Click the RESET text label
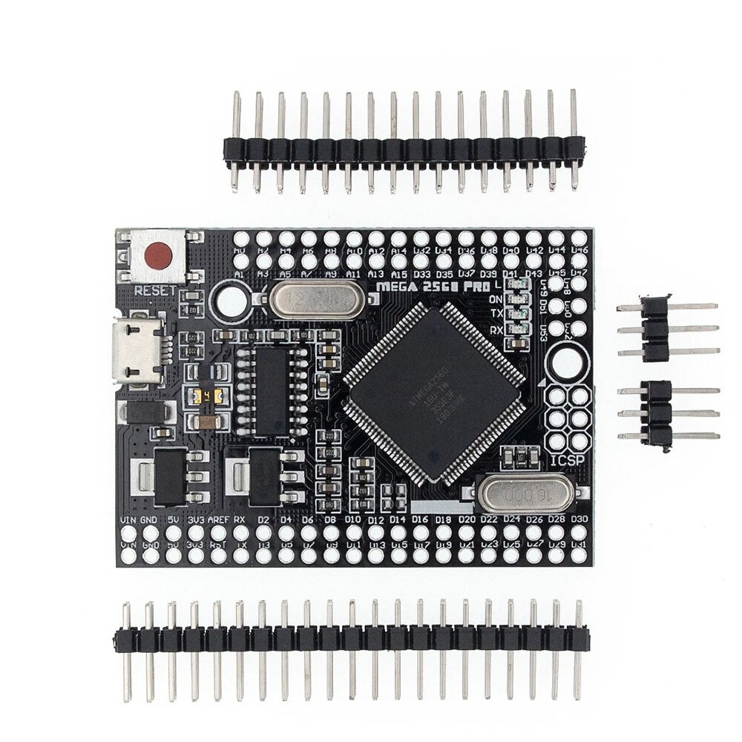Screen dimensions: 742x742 (x=156, y=289)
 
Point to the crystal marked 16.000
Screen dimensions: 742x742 (x=519, y=493)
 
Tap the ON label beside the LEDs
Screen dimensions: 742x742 (x=496, y=299)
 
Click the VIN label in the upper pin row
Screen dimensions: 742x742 (x=128, y=519)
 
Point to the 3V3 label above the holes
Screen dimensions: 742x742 (x=195, y=519)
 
